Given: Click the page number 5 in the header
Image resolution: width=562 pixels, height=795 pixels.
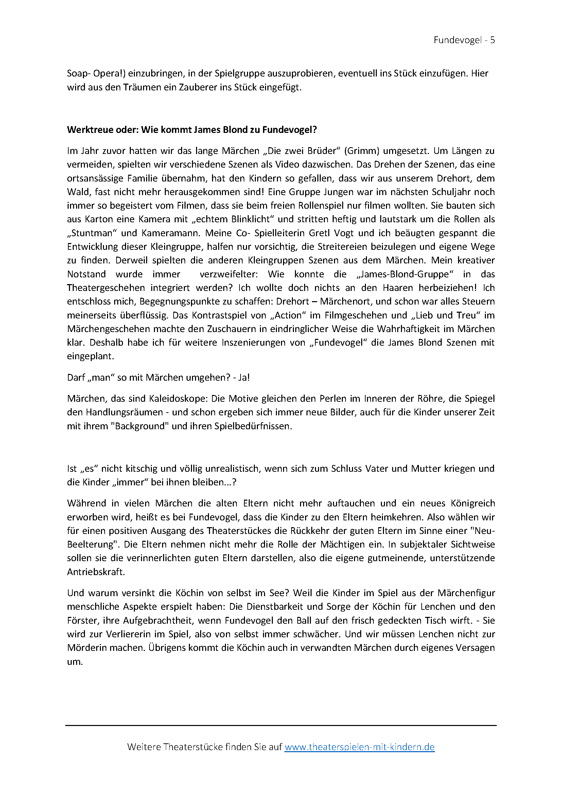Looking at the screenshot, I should point(492,40).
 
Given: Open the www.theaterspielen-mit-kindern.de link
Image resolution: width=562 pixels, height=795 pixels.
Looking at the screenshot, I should point(359,747).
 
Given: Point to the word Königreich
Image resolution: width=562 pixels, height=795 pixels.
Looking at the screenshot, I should point(473,503).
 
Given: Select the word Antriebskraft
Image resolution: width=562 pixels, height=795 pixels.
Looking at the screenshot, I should point(95,572).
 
